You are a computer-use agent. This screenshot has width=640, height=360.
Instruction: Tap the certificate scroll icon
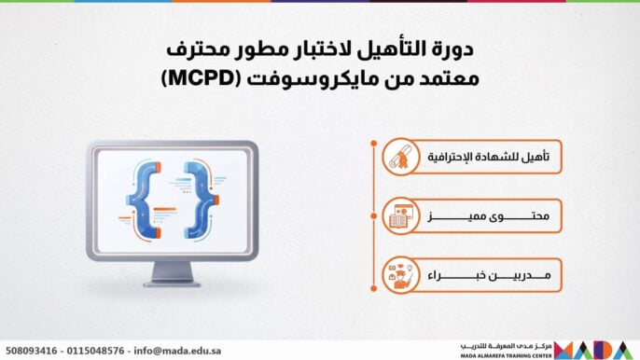[400, 157]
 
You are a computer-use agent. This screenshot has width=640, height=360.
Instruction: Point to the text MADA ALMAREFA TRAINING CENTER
[505, 354]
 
